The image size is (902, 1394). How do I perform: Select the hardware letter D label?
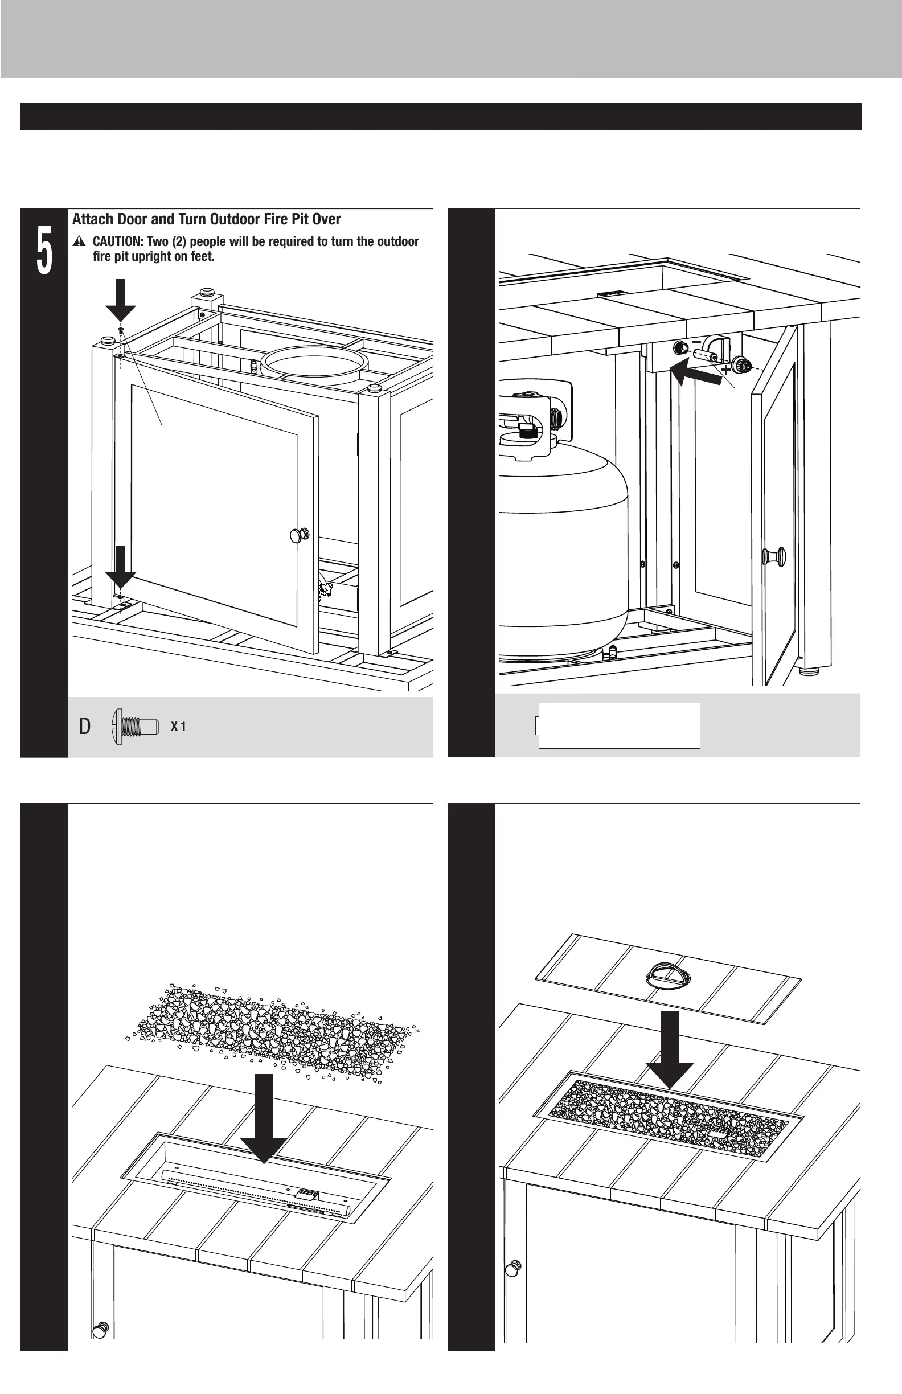click(85, 727)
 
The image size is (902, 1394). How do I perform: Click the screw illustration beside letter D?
click(135, 726)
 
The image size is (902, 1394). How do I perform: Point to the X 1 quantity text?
click(178, 727)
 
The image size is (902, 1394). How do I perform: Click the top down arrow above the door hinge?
click(121, 300)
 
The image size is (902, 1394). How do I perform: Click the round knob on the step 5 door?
click(300, 535)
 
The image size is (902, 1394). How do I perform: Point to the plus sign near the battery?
click(725, 370)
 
